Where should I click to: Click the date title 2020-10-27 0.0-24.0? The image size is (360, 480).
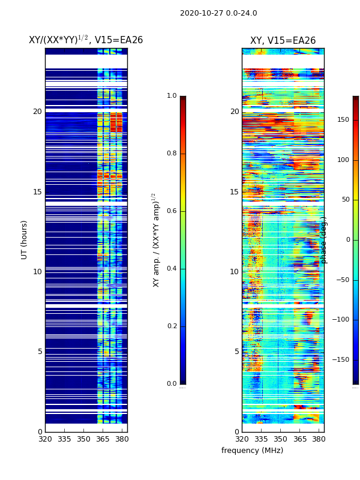tap(218, 13)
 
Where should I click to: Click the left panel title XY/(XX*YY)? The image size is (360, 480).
tap(86, 40)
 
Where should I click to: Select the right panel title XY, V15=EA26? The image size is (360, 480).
tap(283, 41)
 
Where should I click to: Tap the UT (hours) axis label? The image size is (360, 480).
tap(25, 239)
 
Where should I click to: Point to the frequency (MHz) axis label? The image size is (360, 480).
tap(252, 451)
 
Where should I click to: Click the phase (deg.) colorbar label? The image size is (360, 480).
tap(324, 240)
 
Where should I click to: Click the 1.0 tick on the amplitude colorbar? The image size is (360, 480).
tap(172, 96)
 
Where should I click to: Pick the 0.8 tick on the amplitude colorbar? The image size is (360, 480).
tap(172, 154)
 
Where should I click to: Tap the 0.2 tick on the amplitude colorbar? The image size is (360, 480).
tap(172, 326)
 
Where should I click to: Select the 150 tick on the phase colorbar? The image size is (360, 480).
tap(343, 120)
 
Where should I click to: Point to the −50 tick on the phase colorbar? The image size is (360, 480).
tap(343, 280)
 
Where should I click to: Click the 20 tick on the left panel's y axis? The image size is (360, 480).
tap(37, 112)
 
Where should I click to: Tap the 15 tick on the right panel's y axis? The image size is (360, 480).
tap(235, 192)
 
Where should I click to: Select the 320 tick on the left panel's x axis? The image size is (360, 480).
tap(45, 439)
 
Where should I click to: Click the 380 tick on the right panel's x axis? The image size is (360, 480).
tap(319, 439)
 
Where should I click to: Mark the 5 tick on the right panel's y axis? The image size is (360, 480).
tap(236, 352)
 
